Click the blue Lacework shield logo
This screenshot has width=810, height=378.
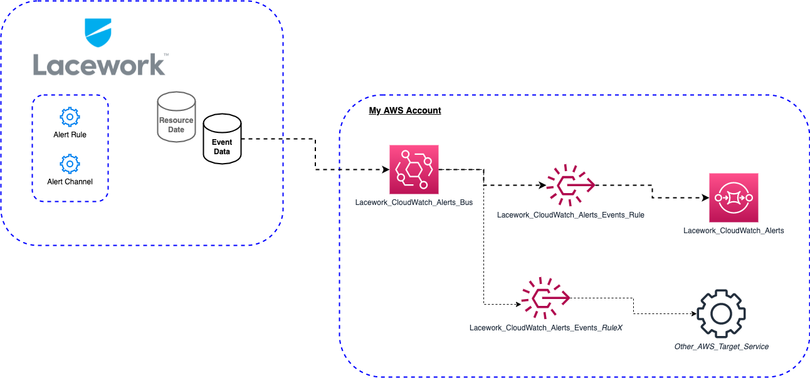[x=98, y=33]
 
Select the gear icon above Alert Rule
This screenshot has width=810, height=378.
[x=70, y=117]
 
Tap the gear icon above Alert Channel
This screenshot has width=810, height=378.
[x=70, y=164]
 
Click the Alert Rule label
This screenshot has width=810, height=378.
[x=70, y=135]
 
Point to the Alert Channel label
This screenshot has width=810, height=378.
[x=70, y=182]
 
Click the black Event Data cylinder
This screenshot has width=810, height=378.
[x=221, y=139]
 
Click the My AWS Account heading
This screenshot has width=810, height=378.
[x=404, y=110]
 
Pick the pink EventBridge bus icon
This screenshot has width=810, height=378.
[x=414, y=169]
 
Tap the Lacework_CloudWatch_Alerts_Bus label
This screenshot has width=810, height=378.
[x=414, y=202]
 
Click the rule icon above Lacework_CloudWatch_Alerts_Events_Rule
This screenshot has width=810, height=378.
[x=570, y=186]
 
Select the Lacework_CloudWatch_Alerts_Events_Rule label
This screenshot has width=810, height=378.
[x=571, y=215]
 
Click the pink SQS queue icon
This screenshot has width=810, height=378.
[x=734, y=197]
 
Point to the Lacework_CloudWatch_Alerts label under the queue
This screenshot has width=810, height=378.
[x=734, y=231]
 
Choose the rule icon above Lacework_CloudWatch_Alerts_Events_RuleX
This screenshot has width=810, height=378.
[x=545, y=297]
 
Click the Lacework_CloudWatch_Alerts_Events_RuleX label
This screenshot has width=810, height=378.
[x=545, y=328]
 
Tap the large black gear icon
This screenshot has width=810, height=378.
[x=721, y=313]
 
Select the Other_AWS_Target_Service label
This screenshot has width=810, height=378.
[x=721, y=346]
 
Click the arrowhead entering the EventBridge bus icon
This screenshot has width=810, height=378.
[x=384, y=169]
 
